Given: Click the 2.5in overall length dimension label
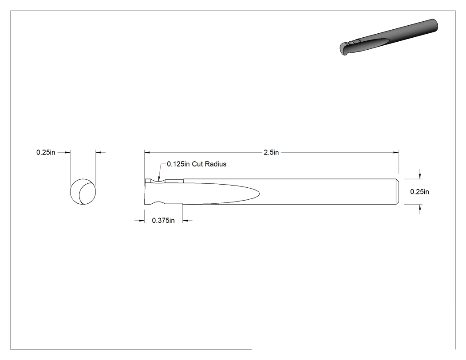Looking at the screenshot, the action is tap(271, 153).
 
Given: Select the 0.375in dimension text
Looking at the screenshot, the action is tap(163, 221).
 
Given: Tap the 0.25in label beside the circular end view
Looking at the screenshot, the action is tap(46, 153).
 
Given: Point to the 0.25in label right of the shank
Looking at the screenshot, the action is tap(419, 192).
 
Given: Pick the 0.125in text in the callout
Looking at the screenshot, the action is tap(178, 164).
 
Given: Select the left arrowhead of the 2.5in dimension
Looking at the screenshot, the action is tap(147, 153).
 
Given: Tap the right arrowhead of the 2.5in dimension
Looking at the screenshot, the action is tap(396, 153).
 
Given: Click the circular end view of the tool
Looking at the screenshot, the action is tap(83, 192).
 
